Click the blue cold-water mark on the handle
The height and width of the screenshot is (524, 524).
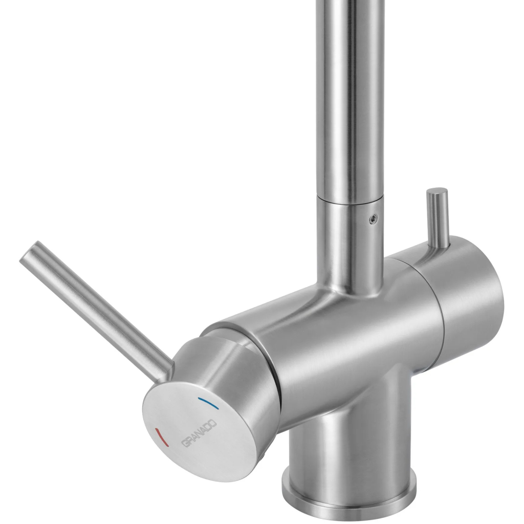pyautogui.click(x=208, y=403)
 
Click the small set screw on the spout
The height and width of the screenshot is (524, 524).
pyautogui.click(x=373, y=219)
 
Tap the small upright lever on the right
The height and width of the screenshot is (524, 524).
pyautogui.click(x=437, y=217)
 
